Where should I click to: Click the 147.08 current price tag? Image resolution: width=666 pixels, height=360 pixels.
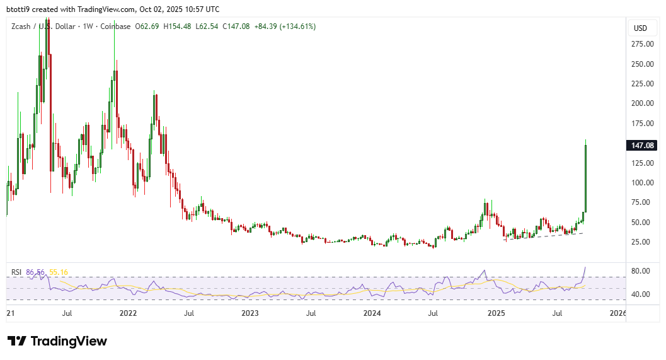[642, 146]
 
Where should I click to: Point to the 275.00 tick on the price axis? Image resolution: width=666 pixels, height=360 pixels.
[642, 44]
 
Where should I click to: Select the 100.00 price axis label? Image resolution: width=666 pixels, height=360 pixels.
[642, 183]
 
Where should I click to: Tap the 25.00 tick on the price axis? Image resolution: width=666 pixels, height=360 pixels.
[642, 242]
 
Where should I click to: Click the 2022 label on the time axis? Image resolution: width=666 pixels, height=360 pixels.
[128, 313]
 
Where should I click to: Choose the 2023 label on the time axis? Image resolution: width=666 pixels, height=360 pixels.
[250, 313]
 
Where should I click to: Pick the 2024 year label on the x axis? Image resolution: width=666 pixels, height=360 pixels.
[372, 313]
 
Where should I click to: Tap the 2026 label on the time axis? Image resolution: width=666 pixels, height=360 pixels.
[618, 313]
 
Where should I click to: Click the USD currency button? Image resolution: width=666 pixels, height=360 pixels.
[640, 28]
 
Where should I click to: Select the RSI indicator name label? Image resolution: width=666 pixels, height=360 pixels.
[17, 272]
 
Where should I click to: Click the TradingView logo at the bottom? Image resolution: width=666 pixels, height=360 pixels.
[57, 341]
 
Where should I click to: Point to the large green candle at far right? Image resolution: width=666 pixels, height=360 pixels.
[586, 178]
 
